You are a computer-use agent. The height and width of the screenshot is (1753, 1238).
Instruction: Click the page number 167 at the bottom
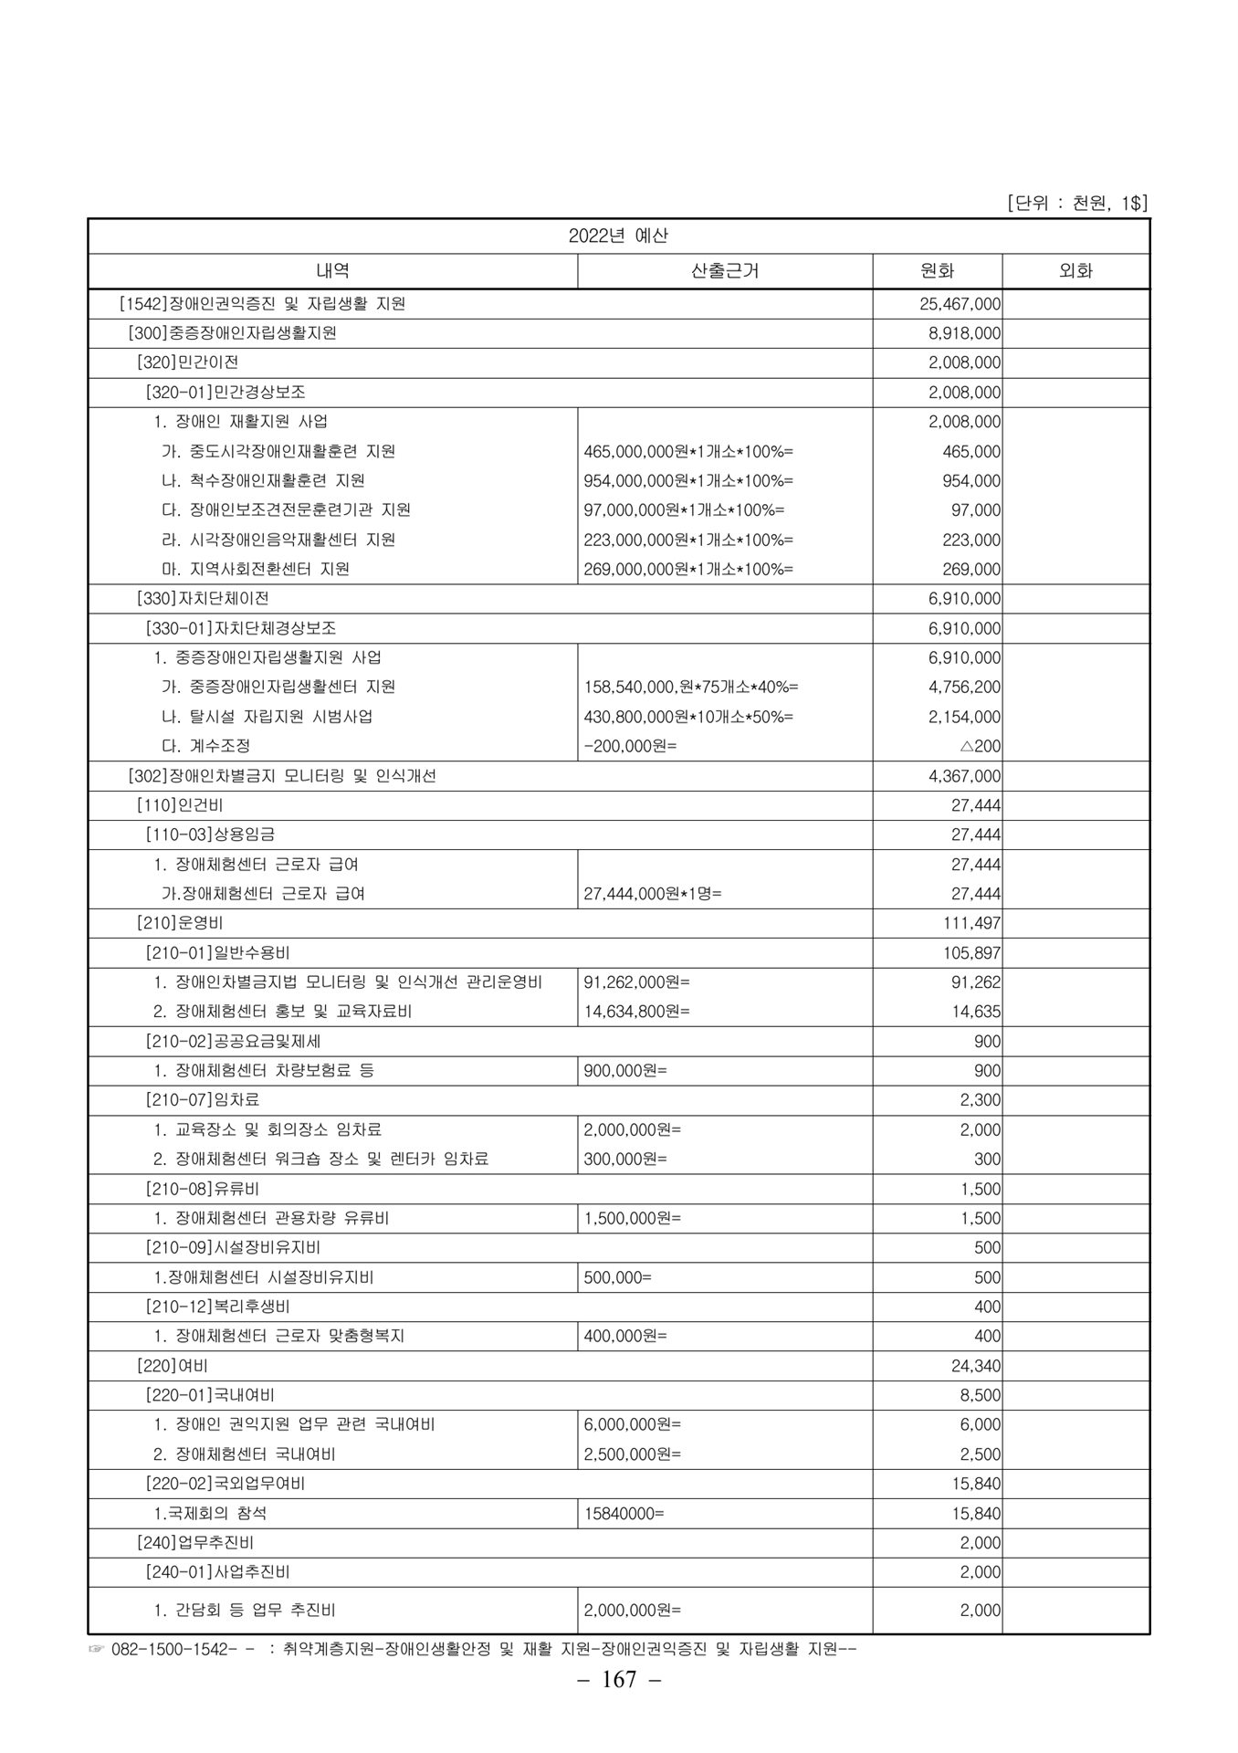pos(619,1679)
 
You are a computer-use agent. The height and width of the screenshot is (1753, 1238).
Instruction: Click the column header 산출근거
pos(725,270)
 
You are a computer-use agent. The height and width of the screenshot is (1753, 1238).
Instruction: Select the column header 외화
pos(1075,270)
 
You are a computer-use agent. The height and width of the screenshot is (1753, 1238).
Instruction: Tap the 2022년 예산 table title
pos(618,236)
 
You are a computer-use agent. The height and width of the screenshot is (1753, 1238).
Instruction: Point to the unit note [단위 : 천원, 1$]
pos(1076,203)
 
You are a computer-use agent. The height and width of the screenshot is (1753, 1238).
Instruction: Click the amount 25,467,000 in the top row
pos(960,304)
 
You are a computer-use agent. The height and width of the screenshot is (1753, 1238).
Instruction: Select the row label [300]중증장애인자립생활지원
pos(233,333)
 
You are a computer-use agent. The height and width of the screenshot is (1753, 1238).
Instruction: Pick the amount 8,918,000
pos(964,333)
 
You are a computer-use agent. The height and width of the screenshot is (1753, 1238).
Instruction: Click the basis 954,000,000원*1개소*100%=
pos(688,480)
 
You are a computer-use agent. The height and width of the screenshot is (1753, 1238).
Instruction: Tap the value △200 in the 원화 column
pos(980,746)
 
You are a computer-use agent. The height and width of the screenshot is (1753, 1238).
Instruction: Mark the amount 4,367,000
pos(964,776)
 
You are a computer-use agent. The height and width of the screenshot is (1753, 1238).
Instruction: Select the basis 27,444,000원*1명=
pos(652,894)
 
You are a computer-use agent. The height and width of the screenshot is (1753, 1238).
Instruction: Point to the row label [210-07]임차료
pos(203,1100)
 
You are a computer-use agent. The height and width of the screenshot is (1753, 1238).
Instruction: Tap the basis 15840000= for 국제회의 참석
pos(624,1513)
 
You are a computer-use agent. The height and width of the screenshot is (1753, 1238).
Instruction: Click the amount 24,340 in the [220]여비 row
pos(975,1366)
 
